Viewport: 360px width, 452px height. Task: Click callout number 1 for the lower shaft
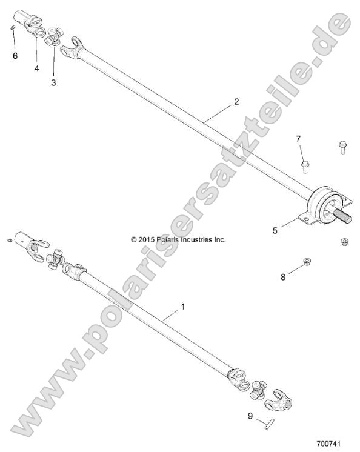click(x=183, y=307)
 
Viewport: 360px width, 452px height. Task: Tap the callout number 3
click(x=53, y=82)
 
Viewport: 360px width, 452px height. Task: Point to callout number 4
click(x=36, y=68)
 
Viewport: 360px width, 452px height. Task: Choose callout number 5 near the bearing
click(x=276, y=230)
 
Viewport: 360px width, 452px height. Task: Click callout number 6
click(x=15, y=56)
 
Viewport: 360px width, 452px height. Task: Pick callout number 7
click(x=298, y=140)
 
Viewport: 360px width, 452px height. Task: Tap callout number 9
click(x=250, y=416)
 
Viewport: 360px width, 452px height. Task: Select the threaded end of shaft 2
click(x=342, y=214)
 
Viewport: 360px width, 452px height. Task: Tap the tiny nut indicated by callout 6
click(x=13, y=28)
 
